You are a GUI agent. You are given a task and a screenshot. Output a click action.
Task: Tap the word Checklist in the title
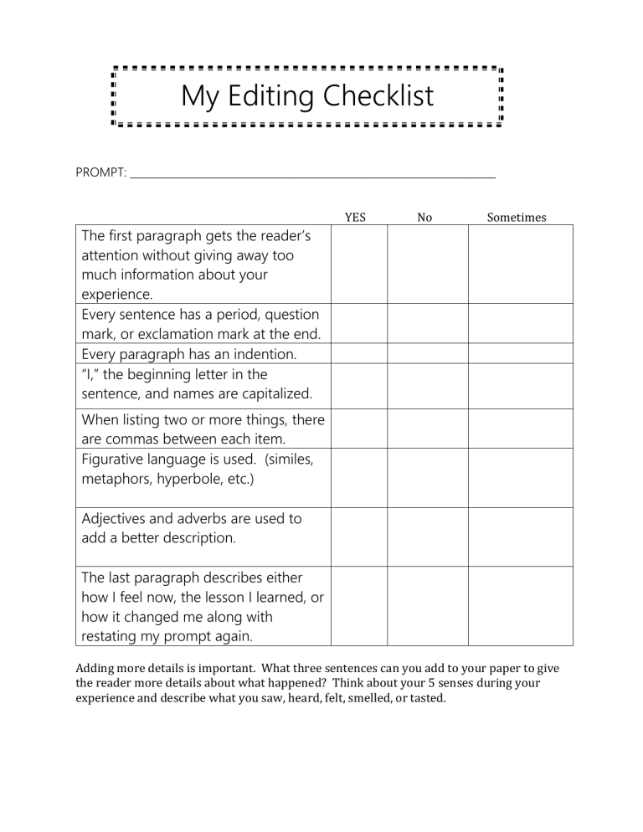tap(378, 95)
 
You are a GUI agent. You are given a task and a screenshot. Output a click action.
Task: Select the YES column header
tap(356, 218)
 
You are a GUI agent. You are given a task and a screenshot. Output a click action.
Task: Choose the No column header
tap(424, 218)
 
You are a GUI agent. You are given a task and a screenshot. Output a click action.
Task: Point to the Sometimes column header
tap(517, 218)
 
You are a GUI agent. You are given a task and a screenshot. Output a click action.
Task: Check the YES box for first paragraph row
tap(359, 264)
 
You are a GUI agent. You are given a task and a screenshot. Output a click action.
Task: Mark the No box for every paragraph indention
tap(427, 353)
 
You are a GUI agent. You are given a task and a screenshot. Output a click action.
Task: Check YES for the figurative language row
tap(359, 478)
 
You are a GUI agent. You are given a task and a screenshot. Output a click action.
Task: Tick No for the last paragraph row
tap(427, 606)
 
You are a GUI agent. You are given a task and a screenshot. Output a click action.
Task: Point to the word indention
tap(265, 354)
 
